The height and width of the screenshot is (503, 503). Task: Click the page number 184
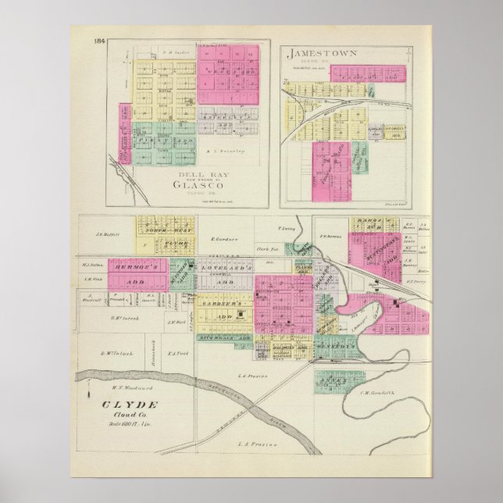99,41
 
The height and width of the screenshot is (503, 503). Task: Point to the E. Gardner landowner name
223,239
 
